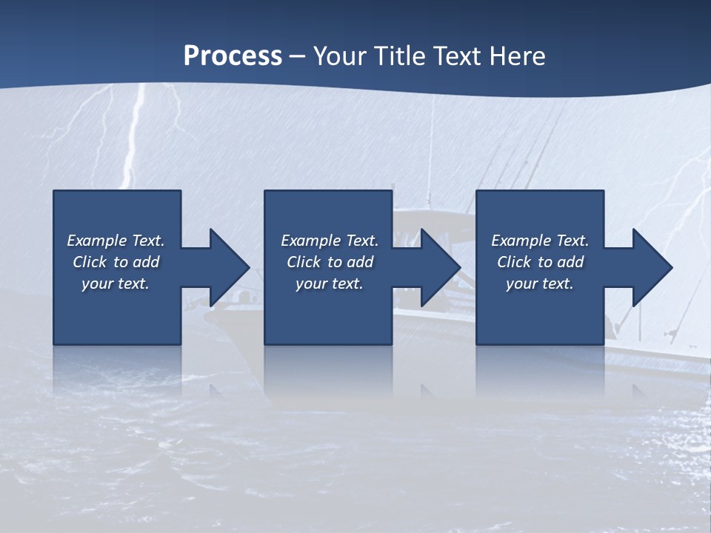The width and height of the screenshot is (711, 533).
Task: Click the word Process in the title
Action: pos(233,56)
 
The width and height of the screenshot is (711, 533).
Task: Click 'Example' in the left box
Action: pos(97,241)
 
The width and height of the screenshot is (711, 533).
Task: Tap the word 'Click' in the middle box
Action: pos(304,262)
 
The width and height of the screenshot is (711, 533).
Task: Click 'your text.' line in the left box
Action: pos(116,284)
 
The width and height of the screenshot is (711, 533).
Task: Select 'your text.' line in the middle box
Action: pos(330,284)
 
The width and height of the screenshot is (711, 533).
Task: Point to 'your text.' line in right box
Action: pos(540,284)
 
